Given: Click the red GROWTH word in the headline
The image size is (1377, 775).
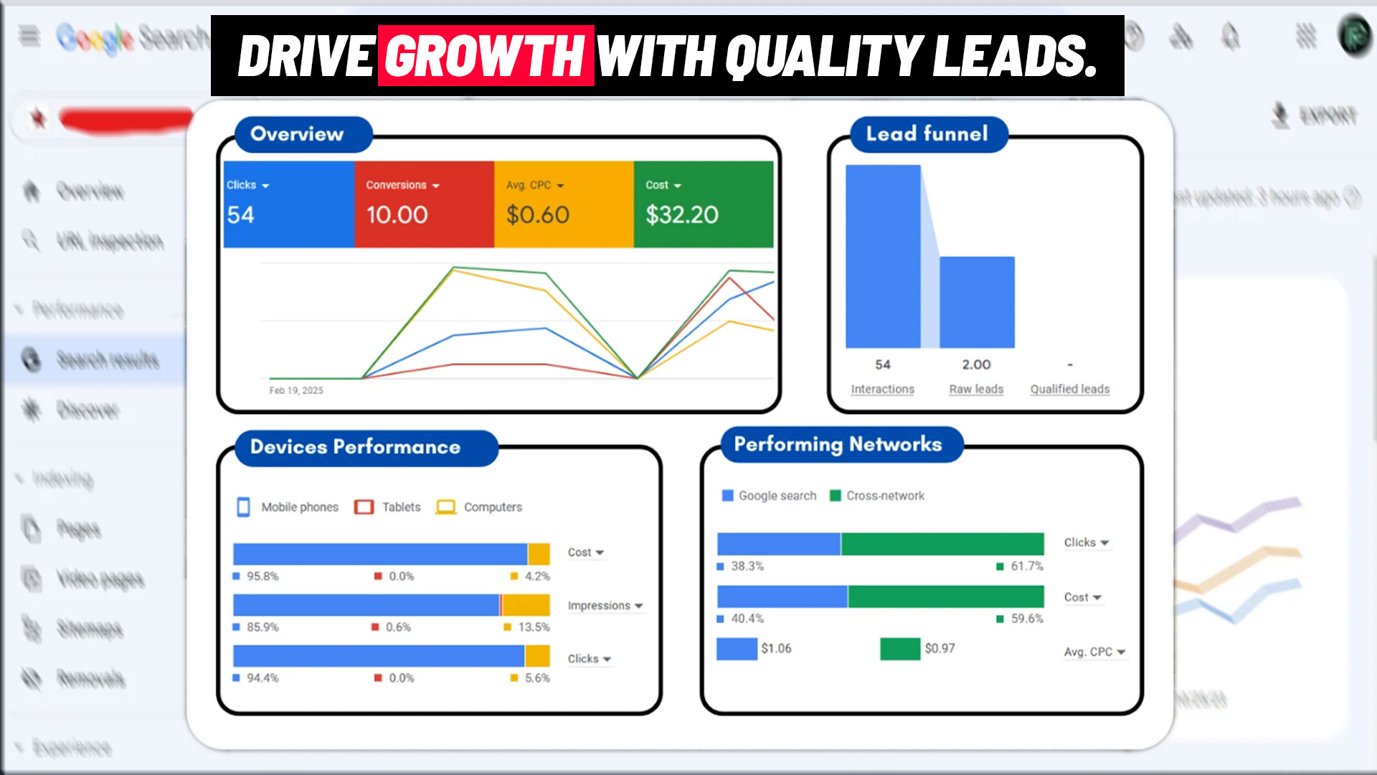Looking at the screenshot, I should [486, 56].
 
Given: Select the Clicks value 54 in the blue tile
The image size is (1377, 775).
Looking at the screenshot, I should [241, 215].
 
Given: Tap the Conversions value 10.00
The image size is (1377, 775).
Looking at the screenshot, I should [397, 215].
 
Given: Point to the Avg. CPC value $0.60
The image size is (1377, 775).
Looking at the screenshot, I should [537, 215].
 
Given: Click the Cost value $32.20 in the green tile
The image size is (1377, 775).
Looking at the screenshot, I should [681, 215].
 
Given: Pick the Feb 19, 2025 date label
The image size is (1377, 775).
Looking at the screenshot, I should [296, 390].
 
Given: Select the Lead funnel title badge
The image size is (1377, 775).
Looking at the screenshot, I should [928, 134].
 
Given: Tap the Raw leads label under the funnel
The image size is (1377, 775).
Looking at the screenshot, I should [976, 389].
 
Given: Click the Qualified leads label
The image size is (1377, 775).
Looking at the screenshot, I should [1069, 389].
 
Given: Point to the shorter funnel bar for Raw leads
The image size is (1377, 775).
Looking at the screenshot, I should [977, 302].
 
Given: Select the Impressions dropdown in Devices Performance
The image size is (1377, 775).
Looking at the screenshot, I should [605, 606].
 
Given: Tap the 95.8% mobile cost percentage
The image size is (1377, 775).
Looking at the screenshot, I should [262, 576].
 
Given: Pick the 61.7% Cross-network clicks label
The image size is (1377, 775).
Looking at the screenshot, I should [1026, 566].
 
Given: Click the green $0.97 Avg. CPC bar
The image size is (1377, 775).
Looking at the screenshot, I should [900, 649].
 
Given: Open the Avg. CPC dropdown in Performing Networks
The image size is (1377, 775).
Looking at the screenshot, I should [1094, 652].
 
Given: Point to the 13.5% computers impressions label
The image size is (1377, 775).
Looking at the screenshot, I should [534, 627].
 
